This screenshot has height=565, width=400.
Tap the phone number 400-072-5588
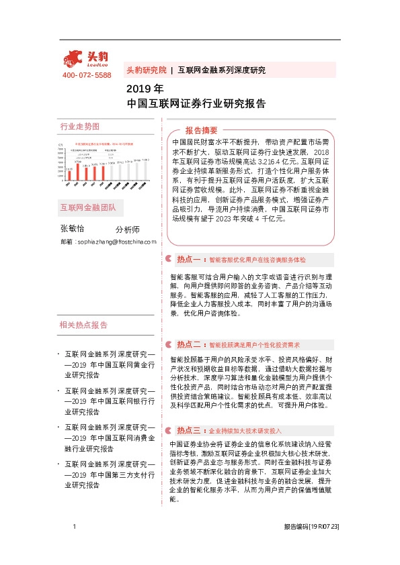click(x=87, y=74)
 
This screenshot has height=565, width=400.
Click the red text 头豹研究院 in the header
click(x=146, y=70)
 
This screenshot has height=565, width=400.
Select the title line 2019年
click(x=145, y=89)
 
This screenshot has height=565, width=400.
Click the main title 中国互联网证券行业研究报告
click(x=196, y=104)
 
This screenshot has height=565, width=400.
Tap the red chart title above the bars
click(x=104, y=144)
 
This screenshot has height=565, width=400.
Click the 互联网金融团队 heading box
click(x=87, y=207)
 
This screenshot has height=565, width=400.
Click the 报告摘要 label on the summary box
click(x=201, y=130)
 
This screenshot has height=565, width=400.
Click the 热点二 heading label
click(x=189, y=344)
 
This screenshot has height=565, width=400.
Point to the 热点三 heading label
click(x=189, y=411)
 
